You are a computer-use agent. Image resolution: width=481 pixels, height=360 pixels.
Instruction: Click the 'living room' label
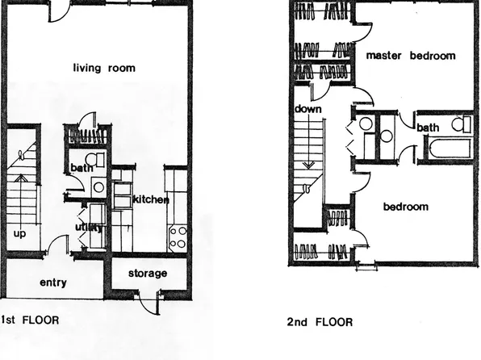[103, 68]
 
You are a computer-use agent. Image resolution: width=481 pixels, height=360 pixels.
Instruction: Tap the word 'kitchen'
[150, 199]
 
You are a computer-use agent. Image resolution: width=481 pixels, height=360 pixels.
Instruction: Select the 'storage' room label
[147, 274]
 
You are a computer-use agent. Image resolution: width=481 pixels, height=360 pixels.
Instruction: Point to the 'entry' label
[52, 283]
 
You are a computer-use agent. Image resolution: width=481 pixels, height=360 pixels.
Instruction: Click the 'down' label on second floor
[309, 109]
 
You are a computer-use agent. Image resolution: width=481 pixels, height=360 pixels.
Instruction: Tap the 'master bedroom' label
[410, 57]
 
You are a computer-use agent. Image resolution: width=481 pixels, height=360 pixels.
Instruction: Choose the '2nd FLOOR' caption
[320, 322]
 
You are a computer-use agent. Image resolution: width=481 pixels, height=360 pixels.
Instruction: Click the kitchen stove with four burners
[178, 237]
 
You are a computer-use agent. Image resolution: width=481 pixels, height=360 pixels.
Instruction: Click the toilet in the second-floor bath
[460, 123]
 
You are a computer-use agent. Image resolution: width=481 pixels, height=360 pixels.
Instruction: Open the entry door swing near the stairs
[54, 245]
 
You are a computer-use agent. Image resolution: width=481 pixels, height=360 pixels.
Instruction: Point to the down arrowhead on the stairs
[307, 166]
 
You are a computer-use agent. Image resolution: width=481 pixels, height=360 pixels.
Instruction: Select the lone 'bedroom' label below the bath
[405, 207]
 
